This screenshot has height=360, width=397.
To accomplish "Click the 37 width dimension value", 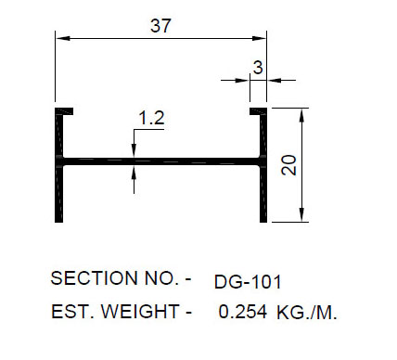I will tap(160, 26).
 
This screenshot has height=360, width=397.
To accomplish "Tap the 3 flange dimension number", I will tap(258, 67).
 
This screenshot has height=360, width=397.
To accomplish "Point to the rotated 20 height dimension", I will tap(288, 164).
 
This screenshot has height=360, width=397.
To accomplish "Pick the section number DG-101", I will tap(247, 281).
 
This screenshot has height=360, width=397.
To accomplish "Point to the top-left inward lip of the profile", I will tap(67, 110).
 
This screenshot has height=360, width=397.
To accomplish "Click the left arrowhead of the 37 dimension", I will tap(61, 37).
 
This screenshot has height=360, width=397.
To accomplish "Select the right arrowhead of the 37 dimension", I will tap(262, 37).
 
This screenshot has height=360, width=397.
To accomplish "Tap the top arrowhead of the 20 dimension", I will tap(301, 111).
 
